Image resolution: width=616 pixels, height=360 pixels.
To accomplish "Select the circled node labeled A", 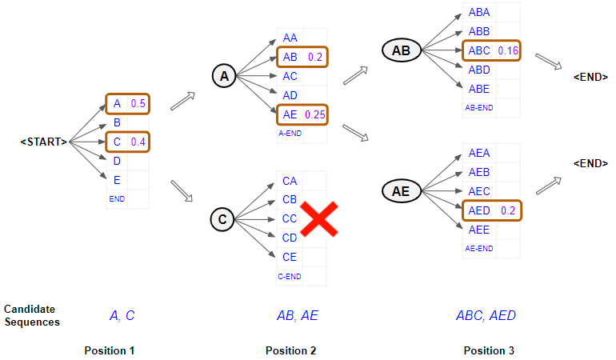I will coord(224,76).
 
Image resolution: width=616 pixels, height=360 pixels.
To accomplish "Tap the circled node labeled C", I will coord(223,218).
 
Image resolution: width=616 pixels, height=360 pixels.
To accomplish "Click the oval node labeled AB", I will coord(401,51).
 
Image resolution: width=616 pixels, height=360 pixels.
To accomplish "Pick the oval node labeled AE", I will coord(401,191).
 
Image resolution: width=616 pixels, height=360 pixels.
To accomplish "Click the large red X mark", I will coord(317,218).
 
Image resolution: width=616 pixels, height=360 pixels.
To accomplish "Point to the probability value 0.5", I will coord(138,104).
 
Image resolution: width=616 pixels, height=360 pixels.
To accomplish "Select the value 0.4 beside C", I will coord(138,142).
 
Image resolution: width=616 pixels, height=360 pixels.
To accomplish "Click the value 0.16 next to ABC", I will coord(508,51).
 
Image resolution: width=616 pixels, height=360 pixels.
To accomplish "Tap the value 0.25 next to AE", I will coord(314,115).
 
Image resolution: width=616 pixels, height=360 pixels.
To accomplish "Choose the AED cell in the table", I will coord(479,210).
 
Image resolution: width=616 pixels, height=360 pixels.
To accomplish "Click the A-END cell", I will coord(290,134).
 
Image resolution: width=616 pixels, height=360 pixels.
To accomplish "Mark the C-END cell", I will coord(290,277).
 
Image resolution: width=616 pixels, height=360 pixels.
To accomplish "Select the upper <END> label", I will coord(590,77).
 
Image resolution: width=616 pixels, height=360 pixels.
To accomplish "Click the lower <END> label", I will coord(590,163).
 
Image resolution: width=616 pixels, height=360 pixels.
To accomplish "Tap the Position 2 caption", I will coord(291,350).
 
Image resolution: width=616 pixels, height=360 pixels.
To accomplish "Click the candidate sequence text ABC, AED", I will coord(486,315).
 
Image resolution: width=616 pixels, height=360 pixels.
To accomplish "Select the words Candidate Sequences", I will coord(32,315).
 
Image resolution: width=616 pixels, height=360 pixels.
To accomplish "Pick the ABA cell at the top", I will coord(479,13).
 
